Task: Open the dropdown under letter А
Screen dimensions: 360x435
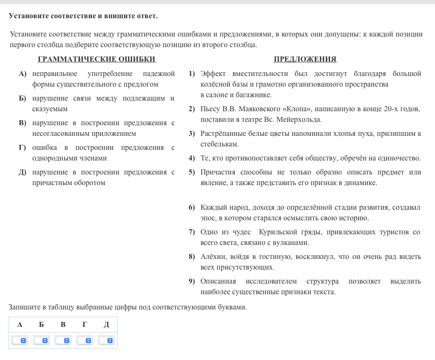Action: [20, 340]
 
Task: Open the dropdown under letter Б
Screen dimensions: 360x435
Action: [41, 340]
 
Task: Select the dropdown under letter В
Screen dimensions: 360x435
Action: [63, 340]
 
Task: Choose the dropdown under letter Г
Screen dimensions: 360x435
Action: [85, 340]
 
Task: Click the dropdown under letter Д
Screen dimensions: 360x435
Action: [106, 340]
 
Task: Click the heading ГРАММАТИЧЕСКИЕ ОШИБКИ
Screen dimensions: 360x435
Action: [97, 59]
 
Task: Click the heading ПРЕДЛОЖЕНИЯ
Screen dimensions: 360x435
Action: [305, 59]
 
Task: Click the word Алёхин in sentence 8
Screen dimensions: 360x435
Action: [214, 257]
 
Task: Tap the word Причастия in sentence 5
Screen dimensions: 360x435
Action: [218, 172]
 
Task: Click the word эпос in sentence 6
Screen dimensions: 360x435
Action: [208, 218]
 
